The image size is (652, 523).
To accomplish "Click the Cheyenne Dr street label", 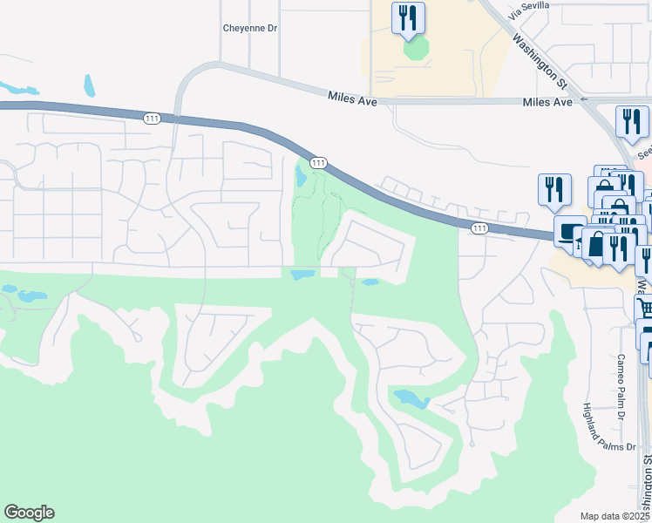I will coord(249,28).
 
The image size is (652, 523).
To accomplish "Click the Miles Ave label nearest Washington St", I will coord(547,102).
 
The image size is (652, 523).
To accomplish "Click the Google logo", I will coord(29,513).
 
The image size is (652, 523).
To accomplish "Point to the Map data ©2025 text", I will coord(615,516).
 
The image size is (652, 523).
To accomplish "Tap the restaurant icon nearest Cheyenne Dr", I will coord(408,17).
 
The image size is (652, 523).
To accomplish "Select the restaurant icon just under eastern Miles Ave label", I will coord(632,122).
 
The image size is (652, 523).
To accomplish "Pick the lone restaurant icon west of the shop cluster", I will coord(554,189).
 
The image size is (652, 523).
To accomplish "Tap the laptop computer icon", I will coord(570,232).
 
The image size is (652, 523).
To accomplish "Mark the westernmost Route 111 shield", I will coord(153,119).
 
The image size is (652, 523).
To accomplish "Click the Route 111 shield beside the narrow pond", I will coord(317,163).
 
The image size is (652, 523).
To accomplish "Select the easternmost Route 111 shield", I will coord(479,228).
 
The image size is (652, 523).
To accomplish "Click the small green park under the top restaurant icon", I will coord(416,48).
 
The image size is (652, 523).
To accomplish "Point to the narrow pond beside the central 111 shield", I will coord(301,177).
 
